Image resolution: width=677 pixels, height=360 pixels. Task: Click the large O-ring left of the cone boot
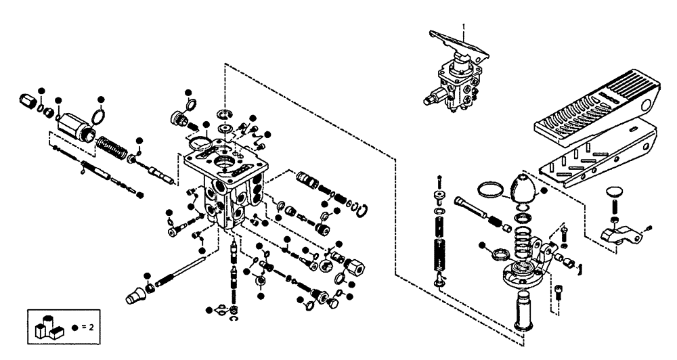(x=491, y=190)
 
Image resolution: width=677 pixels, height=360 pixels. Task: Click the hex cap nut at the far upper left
(x=27, y=102)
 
